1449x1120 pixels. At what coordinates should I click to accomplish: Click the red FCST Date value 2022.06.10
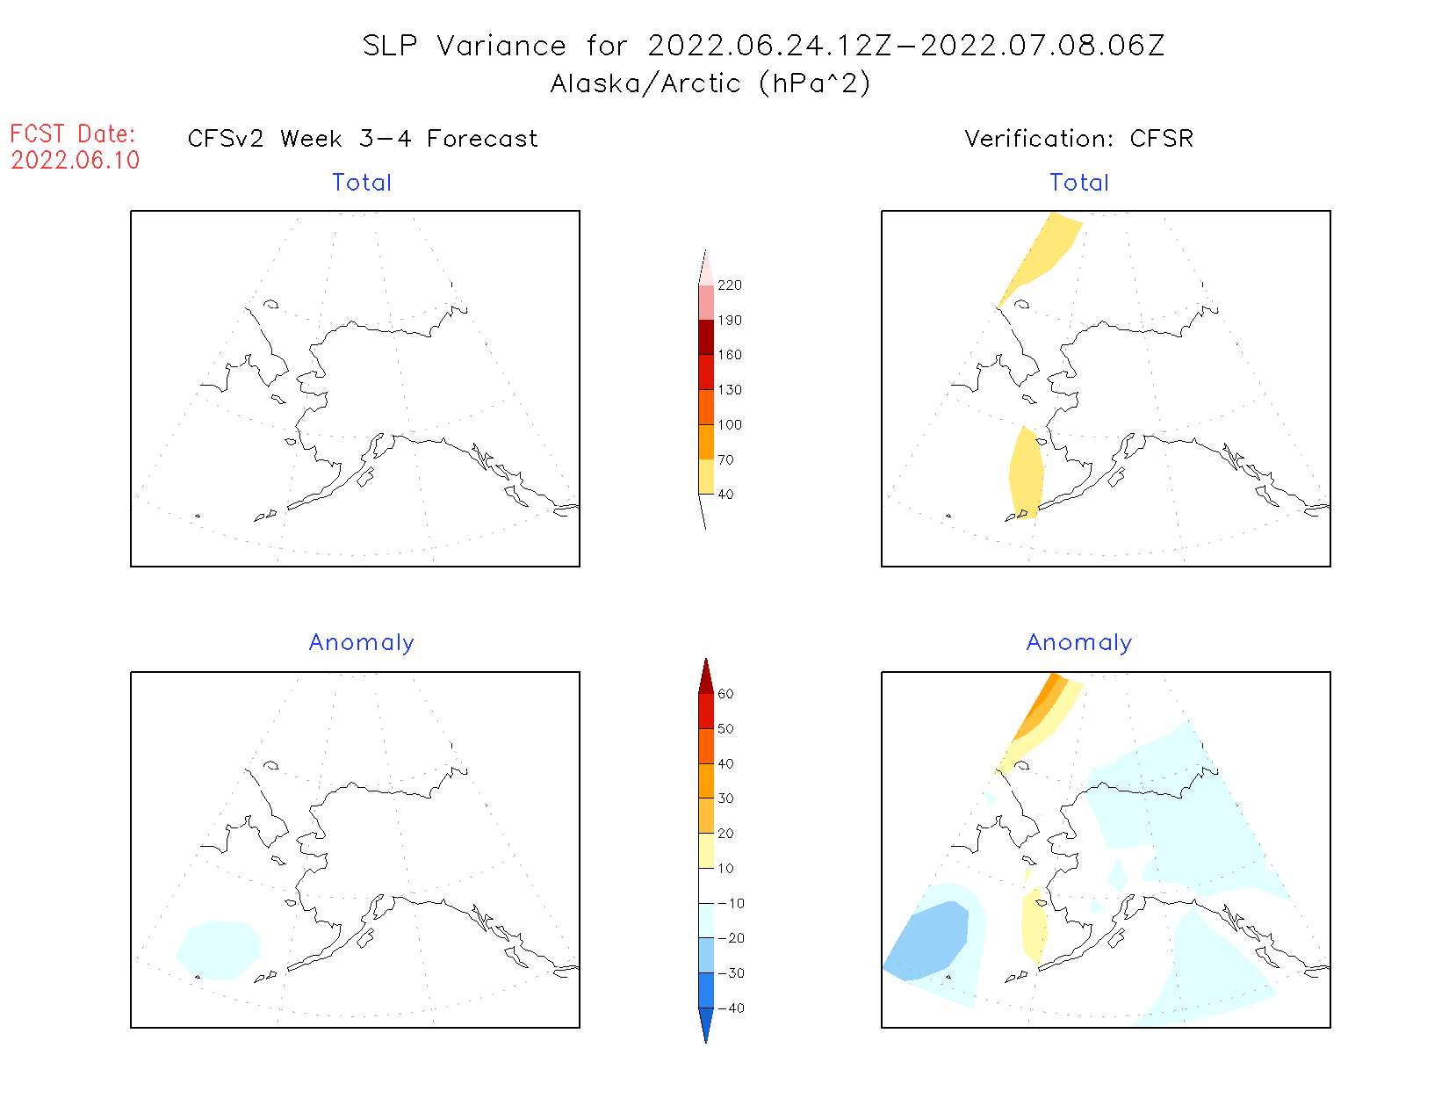pos(76,161)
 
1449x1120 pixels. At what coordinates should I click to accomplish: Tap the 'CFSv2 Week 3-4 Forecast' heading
pos(363,139)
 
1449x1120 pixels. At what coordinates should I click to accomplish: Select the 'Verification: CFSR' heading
pos(1078,139)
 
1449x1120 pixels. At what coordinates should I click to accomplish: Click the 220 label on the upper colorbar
pos(729,285)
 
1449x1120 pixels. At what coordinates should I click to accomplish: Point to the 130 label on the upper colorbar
pos(729,390)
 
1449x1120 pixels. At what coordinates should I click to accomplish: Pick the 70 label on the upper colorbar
pos(725,459)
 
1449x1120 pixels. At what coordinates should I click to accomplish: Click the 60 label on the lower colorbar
pos(725,694)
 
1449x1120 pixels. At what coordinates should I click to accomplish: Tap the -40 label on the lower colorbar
pos(731,1008)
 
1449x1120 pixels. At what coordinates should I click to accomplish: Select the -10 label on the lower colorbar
pos(731,903)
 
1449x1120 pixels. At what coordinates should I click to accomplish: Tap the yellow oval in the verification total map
pos(1026,474)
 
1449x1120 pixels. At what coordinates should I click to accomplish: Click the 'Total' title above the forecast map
pos(362,183)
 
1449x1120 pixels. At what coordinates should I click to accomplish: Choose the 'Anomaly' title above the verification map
pos(1078,643)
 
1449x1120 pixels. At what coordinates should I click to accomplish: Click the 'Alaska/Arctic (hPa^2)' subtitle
pos(710,83)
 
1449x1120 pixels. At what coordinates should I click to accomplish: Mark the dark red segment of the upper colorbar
pos(706,337)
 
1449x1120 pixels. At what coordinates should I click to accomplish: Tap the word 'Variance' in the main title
pos(501,46)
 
